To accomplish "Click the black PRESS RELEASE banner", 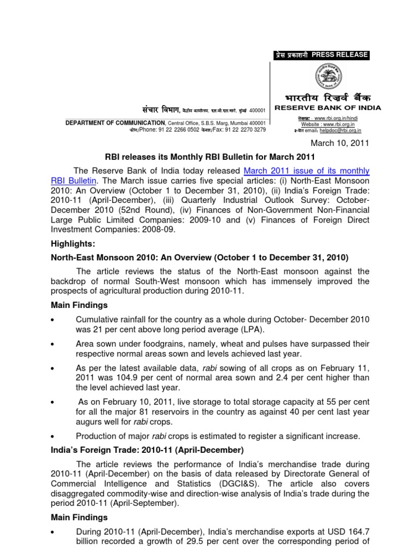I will click(x=321, y=55).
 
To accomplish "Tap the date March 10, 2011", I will click(x=340, y=143).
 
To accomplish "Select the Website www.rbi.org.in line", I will click(x=321, y=124).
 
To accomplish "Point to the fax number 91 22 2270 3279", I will click(x=244, y=130).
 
